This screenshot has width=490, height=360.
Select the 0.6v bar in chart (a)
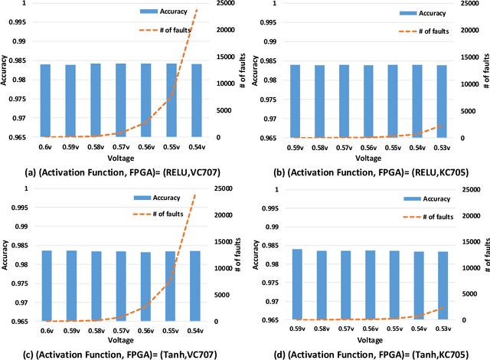click(45, 100)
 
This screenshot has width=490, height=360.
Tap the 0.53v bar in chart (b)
click(442, 101)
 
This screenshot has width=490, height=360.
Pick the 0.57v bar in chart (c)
click(120, 286)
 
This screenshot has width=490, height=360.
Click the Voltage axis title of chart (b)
click(369, 157)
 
